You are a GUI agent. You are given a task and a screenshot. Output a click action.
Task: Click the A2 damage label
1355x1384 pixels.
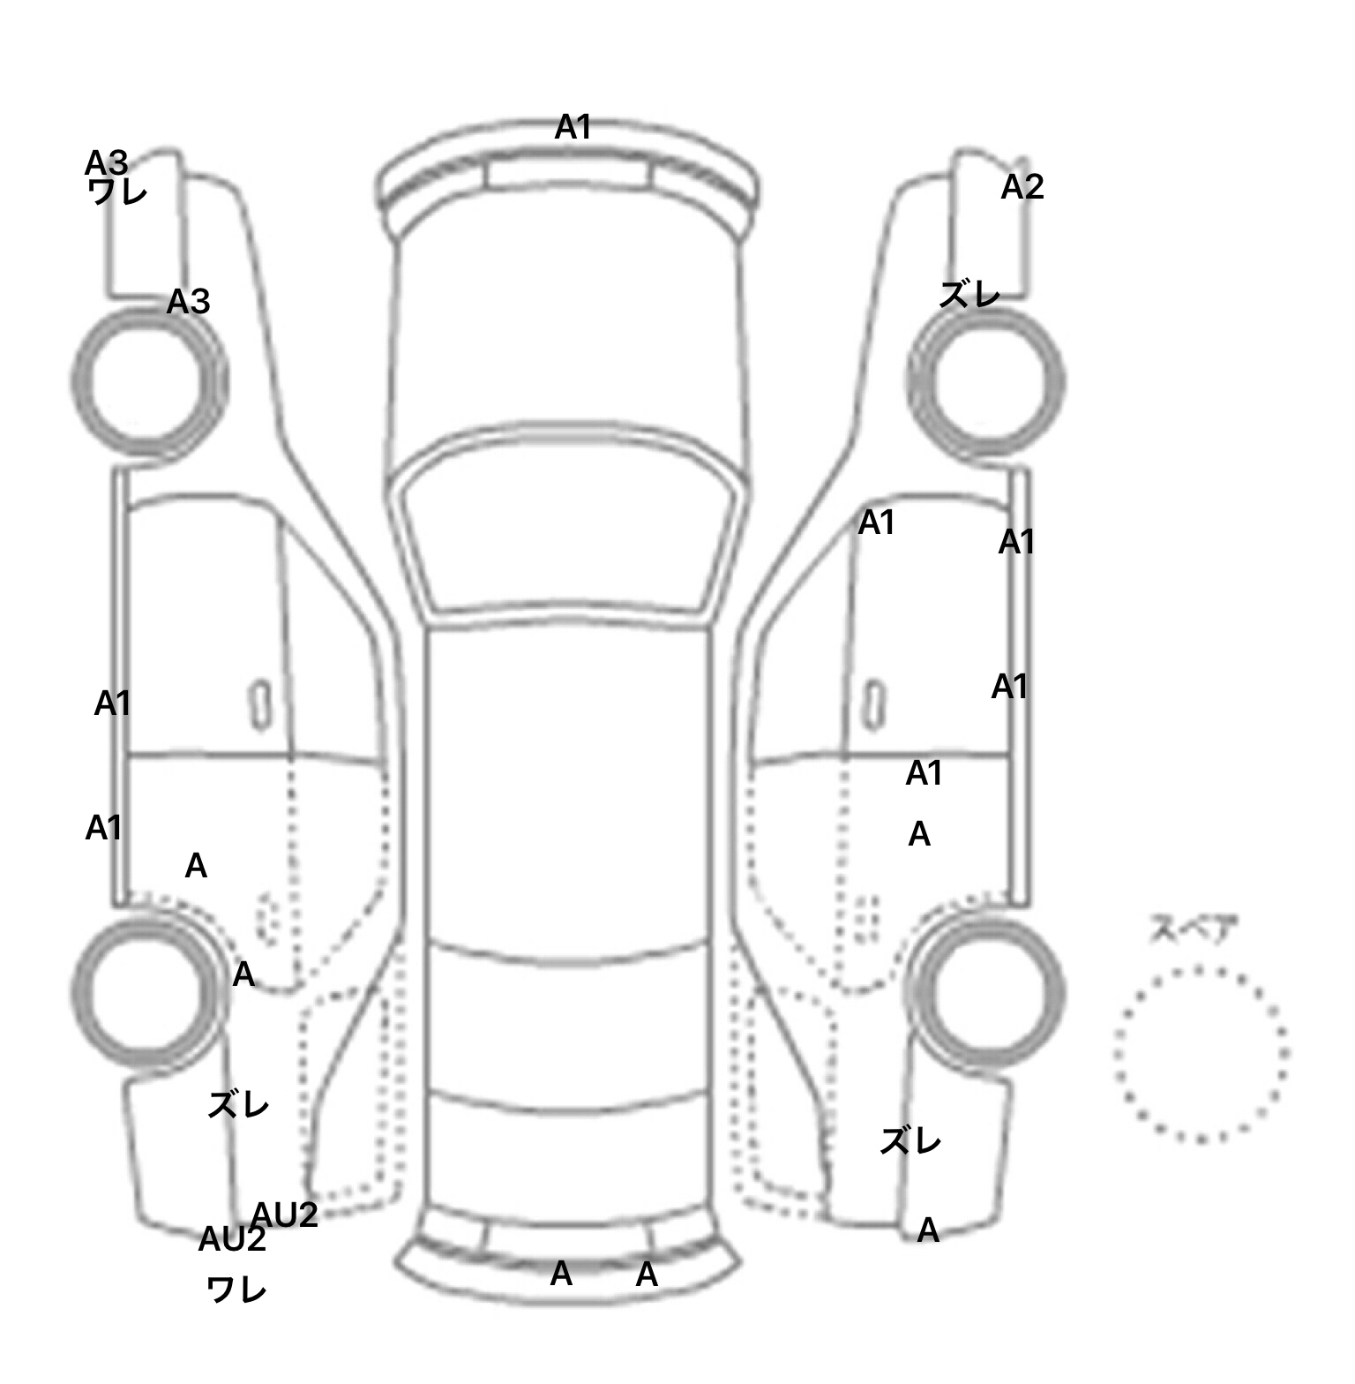tap(1022, 187)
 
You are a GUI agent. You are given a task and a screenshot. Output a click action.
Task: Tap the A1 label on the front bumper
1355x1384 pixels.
tap(573, 128)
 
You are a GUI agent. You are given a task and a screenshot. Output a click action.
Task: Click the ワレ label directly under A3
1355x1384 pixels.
tap(117, 192)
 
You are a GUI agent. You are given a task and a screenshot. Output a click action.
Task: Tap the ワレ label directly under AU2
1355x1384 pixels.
tap(236, 1290)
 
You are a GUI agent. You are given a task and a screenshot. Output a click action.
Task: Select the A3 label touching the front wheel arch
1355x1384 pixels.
tap(189, 302)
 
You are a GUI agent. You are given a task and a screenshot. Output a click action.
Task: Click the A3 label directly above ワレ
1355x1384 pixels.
tap(107, 163)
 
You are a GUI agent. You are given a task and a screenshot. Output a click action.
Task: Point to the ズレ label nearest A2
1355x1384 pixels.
tap(969, 294)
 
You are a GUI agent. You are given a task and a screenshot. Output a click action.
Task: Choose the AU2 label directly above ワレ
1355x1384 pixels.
tap(232, 1239)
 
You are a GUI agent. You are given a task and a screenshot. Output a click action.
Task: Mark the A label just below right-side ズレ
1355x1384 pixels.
tap(928, 1230)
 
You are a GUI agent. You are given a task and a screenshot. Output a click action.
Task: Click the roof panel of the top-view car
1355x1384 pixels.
tap(569, 786)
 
